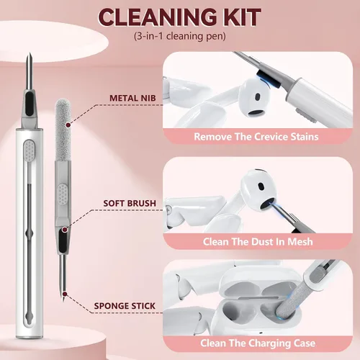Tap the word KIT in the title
tap(237, 17)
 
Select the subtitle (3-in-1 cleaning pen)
tap(180, 36)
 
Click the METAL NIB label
tap(132, 98)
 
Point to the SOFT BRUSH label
tap(130, 203)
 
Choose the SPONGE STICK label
tap(125, 306)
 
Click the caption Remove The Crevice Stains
tap(256, 137)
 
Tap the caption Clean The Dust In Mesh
tap(258, 241)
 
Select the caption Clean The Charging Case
tap(258, 343)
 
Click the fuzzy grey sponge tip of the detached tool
tap(63, 130)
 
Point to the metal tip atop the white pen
tap(30, 71)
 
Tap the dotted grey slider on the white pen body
tap(29, 150)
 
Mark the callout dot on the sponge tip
tap(68, 125)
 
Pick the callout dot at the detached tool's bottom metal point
tap(64, 294)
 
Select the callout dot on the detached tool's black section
tap(64, 230)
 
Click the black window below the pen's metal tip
tap(30, 104)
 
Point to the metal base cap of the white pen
tap(30, 337)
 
